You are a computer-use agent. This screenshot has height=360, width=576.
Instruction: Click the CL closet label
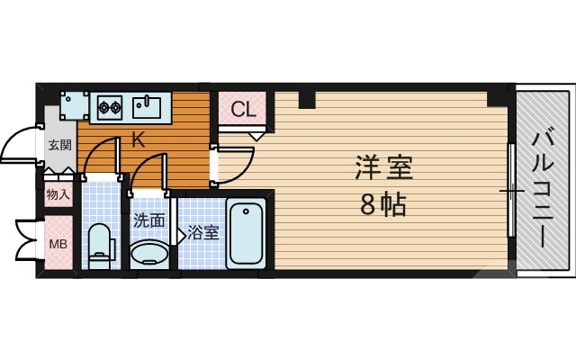[242, 111]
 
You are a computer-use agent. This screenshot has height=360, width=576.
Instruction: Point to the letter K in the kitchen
[138, 139]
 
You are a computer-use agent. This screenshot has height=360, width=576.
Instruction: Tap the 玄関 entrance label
[59, 145]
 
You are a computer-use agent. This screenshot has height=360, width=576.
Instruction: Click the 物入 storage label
[58, 193]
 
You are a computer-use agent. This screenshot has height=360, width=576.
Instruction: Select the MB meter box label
[58, 243]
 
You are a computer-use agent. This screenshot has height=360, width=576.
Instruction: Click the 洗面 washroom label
[148, 219]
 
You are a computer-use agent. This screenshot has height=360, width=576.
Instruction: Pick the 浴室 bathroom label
[204, 233]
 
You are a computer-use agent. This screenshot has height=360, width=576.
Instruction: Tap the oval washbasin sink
[148, 254]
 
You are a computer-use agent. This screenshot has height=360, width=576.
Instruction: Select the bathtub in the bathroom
[245, 234]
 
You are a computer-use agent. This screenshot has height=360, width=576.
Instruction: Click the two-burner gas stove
[110, 108]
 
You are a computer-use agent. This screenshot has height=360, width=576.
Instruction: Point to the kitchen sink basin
[146, 108]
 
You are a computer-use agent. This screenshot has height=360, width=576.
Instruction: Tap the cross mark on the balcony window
[511, 191]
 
